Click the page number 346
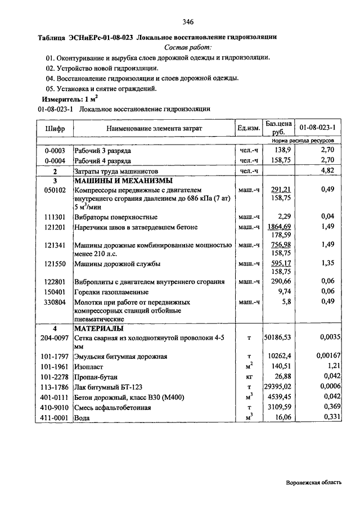[188, 22]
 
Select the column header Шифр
[55, 129]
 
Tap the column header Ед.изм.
[249, 129]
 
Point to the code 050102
[55, 190]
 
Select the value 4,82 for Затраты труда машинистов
[327, 170]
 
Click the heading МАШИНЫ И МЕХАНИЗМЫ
[123, 181]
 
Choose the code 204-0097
[54, 337]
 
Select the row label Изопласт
[91, 366]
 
